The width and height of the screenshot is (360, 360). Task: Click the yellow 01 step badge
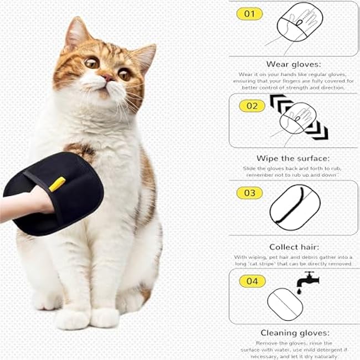pos(249,14)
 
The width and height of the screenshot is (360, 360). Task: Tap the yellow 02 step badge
pos(251,105)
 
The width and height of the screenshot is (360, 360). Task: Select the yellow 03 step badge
pos(249,193)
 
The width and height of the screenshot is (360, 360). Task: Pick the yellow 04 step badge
pos(252,281)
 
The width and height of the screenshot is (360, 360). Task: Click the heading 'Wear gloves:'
pos(293,64)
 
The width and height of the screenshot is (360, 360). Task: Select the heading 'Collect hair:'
pos(294,247)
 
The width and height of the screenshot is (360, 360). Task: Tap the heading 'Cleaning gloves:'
pos(295,333)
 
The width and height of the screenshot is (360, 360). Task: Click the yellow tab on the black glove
pos(57,184)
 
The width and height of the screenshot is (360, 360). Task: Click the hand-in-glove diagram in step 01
pos(299,22)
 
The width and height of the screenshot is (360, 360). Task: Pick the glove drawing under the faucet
pos(285,304)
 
